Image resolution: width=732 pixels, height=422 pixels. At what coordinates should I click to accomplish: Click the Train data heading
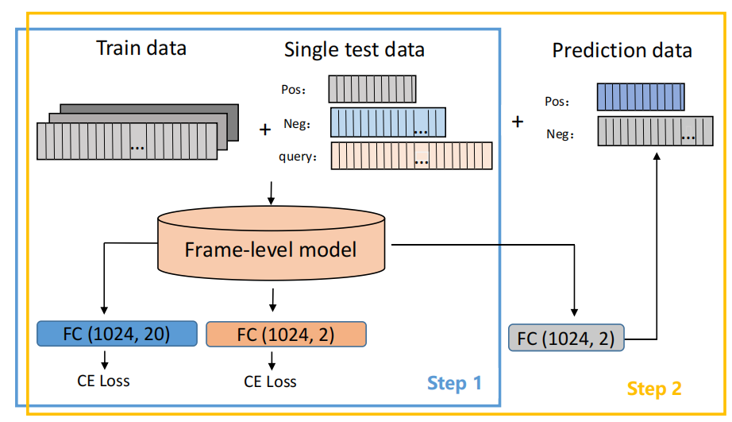coord(141,48)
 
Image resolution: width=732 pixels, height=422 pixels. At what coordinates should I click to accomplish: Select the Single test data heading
coord(354,50)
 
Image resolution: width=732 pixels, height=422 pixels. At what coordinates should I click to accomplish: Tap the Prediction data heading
coord(622,52)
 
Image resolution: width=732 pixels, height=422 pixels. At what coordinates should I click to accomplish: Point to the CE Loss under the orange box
coord(271,381)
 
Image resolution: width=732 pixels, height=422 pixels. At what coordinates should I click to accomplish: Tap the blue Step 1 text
coord(454,383)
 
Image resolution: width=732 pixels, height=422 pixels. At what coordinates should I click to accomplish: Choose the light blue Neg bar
coord(387,122)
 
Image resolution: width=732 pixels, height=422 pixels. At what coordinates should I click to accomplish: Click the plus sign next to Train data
coord(265,130)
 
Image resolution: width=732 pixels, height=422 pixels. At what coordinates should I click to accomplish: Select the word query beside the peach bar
coord(299,157)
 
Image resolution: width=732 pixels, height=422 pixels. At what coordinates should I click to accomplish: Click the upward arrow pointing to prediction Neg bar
coord(657,238)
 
